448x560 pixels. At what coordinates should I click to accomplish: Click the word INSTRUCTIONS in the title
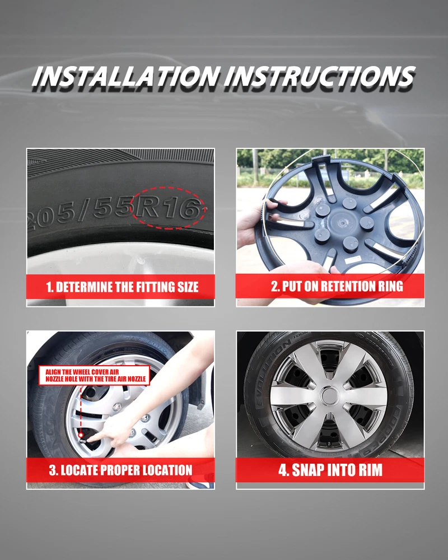coord(320,77)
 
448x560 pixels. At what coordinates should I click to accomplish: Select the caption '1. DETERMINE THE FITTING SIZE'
coord(122,287)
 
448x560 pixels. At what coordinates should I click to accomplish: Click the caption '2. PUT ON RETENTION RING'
coord(337,286)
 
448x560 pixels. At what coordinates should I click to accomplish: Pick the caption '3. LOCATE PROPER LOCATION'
coord(121,470)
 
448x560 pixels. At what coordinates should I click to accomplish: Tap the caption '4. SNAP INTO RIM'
coord(330,470)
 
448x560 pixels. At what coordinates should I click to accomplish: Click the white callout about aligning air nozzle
coord(94,375)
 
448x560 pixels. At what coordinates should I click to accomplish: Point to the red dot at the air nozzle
coord(81,435)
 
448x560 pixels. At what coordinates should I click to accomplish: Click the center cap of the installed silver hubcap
coord(329,396)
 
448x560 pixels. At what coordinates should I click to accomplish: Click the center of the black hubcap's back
coord(341,224)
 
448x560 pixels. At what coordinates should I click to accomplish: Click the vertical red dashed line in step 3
coord(81,409)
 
